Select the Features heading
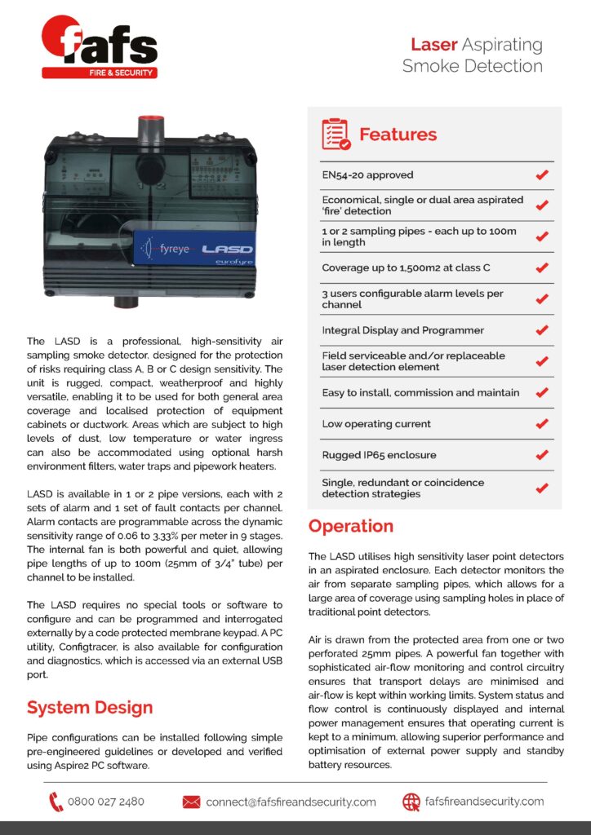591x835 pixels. pos(398,135)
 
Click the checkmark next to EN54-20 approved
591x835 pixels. pos(541,175)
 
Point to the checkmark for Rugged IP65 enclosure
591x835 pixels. pos(541,455)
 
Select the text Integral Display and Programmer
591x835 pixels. pos(402,330)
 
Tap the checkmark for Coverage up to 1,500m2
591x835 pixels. pos(541,267)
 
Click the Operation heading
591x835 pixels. pos(351,526)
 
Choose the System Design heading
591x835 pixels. pos(90,706)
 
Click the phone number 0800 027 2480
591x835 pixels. pos(106,802)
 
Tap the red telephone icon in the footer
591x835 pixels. pos(56,802)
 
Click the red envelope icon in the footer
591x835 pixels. pos(191,802)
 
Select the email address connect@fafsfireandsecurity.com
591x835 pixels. pos(291,802)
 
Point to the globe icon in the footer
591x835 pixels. pos(411,802)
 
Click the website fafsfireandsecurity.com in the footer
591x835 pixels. pos(484,802)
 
